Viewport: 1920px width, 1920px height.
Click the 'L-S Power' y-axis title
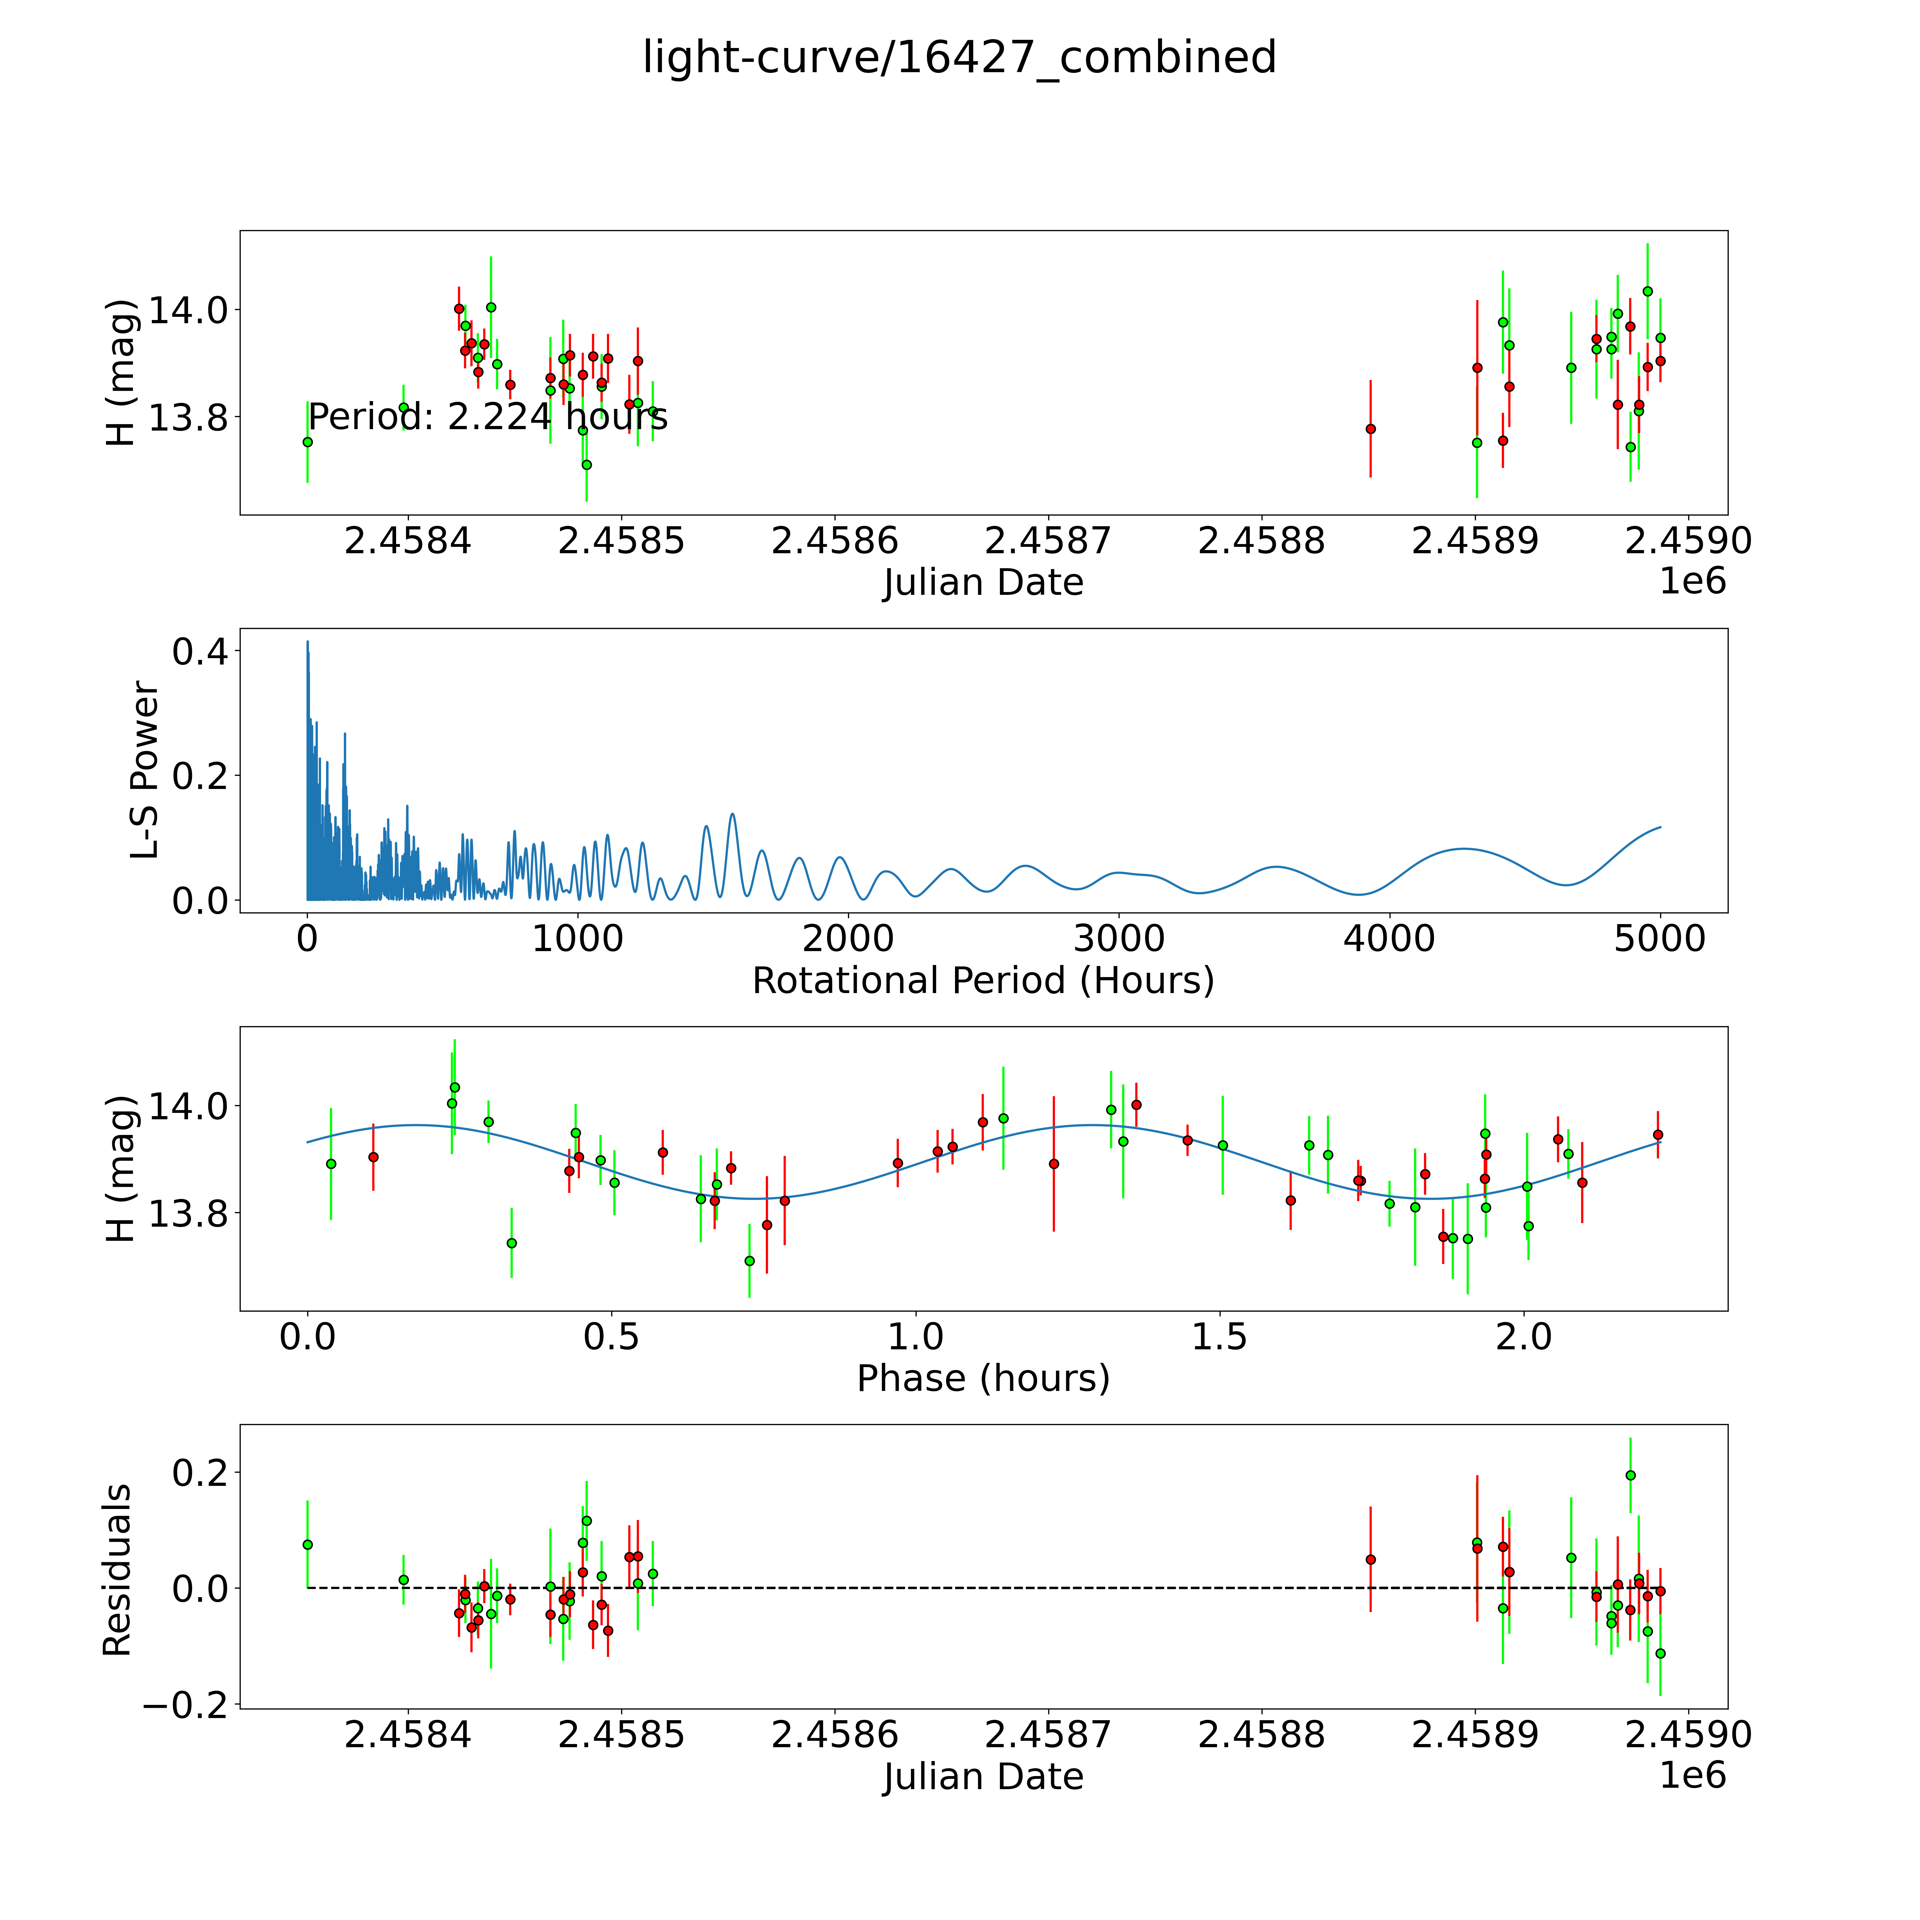tap(145, 770)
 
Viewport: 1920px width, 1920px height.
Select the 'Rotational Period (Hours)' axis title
tap(983, 981)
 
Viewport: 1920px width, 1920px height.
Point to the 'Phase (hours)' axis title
tap(983, 1378)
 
